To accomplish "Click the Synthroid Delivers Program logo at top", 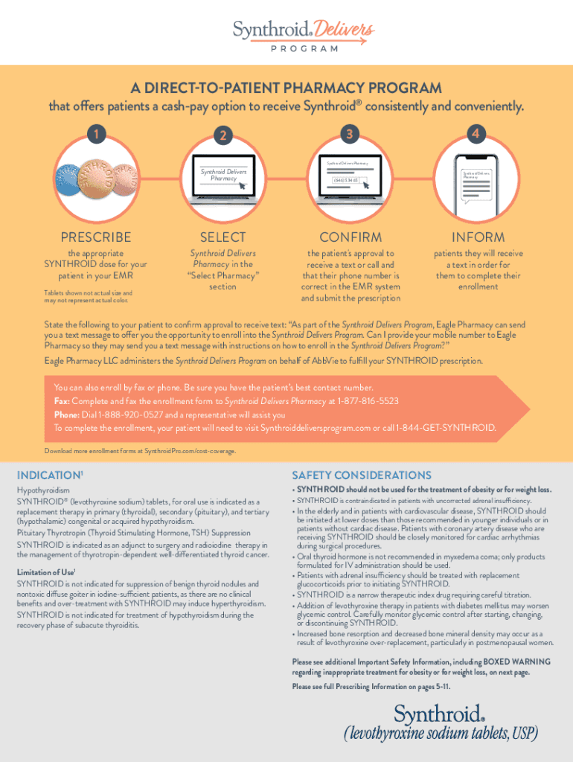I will (x=303, y=35).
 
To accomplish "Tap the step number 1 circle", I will (x=95, y=135).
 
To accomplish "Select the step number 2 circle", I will (x=222, y=135).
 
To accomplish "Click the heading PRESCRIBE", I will (x=96, y=237).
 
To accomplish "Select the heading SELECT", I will (x=223, y=237).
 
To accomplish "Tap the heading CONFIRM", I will (x=350, y=237).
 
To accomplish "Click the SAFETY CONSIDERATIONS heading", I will (x=362, y=476).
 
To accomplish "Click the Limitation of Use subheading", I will (x=47, y=572).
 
